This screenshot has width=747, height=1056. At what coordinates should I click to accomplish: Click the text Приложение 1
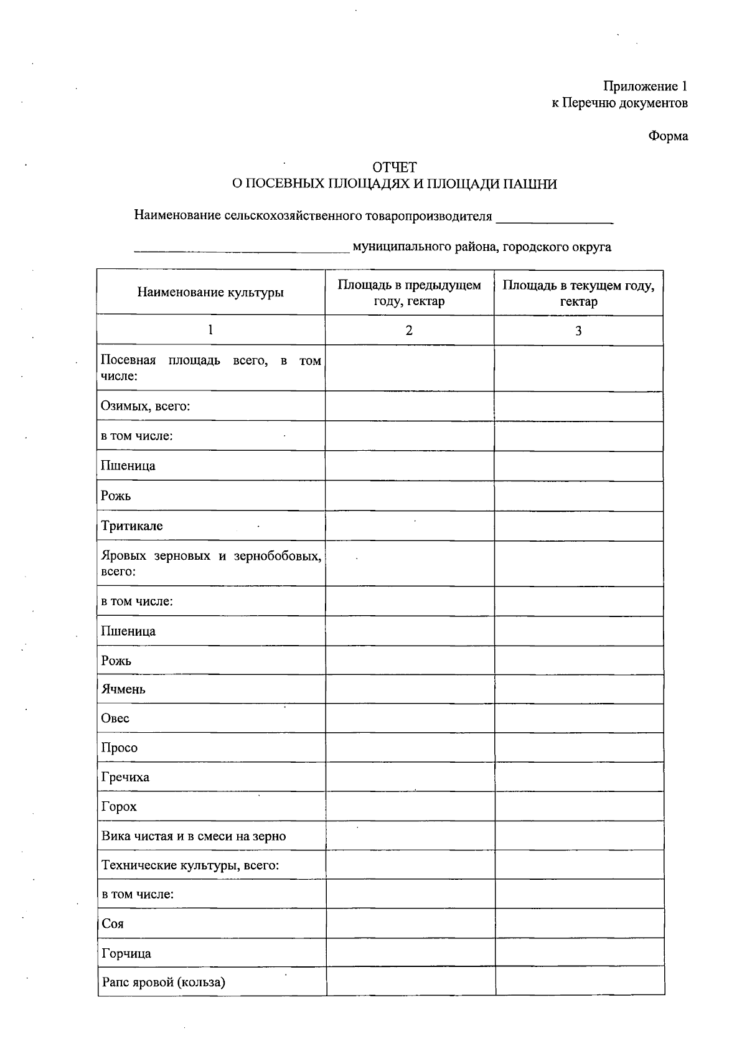[x=645, y=87]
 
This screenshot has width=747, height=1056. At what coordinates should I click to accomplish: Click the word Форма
[x=668, y=136]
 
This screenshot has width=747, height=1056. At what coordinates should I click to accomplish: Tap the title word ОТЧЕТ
[x=394, y=167]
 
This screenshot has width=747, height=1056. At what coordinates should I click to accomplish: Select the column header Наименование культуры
[x=210, y=292]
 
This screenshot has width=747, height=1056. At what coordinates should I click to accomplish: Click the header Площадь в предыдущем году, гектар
[x=409, y=293]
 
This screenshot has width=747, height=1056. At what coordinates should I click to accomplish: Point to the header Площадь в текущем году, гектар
[x=578, y=293]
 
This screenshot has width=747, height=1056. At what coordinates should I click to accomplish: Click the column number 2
[x=409, y=331]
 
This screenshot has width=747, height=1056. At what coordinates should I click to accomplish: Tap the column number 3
[x=578, y=331]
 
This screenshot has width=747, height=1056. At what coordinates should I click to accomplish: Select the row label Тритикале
[x=132, y=526]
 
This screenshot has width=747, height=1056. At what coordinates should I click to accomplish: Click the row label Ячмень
[x=123, y=689]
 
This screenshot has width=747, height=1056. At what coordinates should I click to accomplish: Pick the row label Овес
[x=115, y=718]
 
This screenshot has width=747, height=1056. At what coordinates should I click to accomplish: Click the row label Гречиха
[x=125, y=777]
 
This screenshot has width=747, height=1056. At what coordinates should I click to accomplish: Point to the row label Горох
[x=119, y=806]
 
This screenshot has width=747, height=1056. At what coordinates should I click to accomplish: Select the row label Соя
[x=113, y=923]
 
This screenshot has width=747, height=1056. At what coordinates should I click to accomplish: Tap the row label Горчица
[x=126, y=953]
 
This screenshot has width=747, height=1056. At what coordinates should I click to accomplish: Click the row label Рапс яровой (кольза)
[x=163, y=982]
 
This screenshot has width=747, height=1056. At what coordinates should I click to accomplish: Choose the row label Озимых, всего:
[x=146, y=406]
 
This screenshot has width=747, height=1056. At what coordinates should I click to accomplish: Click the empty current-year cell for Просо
[x=578, y=747]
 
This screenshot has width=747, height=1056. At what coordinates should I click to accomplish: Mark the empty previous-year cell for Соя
[x=410, y=923]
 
